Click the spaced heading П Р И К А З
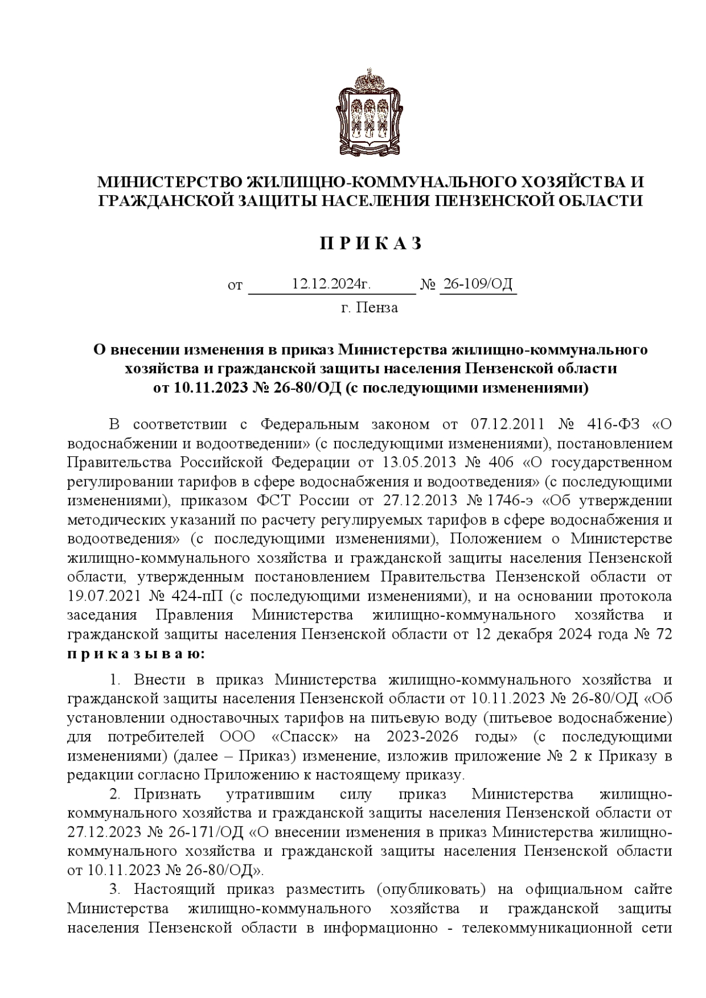[x=371, y=243]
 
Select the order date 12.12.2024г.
[x=331, y=285]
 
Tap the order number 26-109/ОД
[x=478, y=285]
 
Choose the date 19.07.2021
[x=105, y=596]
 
